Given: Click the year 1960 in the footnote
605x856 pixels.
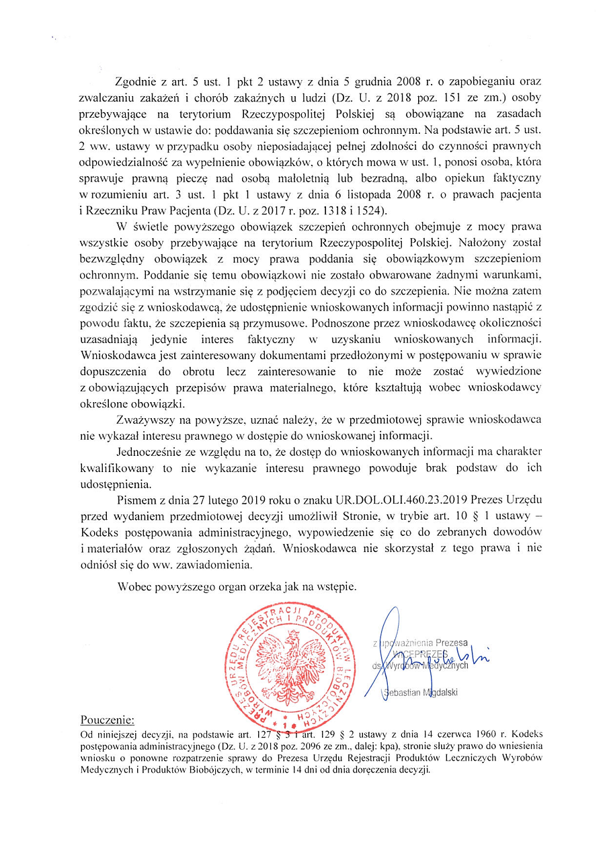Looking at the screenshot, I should [452, 733].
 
